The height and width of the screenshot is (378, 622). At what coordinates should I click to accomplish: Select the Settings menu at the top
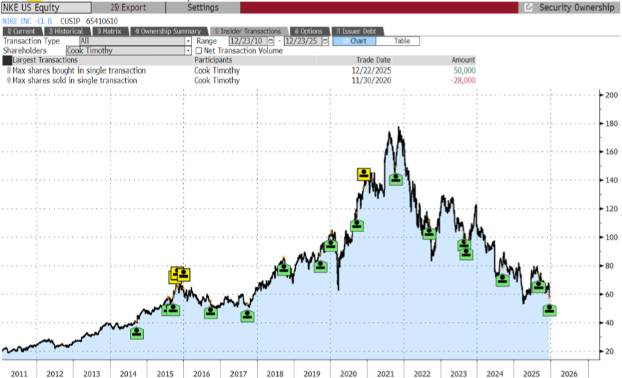(x=203, y=8)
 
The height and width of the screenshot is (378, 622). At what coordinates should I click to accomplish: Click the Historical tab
(x=66, y=31)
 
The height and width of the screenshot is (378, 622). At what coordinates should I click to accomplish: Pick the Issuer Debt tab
(x=357, y=31)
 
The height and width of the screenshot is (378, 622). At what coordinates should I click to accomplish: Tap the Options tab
(x=308, y=31)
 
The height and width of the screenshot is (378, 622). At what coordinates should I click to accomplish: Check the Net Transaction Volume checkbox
(x=199, y=50)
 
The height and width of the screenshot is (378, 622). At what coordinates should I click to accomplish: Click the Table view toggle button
(x=402, y=41)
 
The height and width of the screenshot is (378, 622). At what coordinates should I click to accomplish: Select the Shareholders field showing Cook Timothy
(x=129, y=50)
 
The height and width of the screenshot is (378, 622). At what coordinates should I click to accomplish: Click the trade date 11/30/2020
(x=371, y=80)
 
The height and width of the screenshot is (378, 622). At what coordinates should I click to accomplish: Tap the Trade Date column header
(x=373, y=60)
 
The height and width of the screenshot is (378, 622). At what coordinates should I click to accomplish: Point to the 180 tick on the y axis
(x=611, y=124)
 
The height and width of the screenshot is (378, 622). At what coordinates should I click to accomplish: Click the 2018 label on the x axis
(x=274, y=374)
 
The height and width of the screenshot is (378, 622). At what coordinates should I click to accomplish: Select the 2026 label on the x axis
(x=568, y=374)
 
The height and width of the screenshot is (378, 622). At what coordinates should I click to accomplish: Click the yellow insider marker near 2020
(x=364, y=174)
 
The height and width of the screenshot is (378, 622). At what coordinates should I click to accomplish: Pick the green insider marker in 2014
(x=138, y=333)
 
